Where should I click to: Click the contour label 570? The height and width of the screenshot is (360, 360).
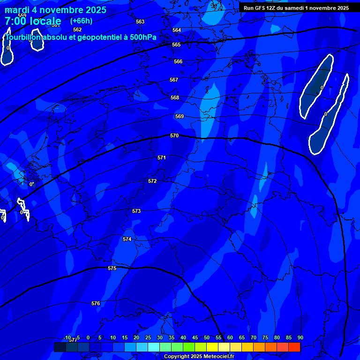174,135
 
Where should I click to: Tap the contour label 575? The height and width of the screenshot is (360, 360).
112,269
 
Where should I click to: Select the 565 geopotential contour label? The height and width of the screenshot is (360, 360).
176,45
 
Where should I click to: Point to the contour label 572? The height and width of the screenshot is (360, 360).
152,181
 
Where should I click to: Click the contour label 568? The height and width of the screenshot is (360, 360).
175,97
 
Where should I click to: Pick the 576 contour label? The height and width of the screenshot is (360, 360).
96,303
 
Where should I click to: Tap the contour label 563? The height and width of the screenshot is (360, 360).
140,22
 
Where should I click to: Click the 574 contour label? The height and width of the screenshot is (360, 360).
127,239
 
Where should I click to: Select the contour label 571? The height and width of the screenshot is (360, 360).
162,158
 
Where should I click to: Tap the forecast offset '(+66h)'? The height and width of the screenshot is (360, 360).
81,21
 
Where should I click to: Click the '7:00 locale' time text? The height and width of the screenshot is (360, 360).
33,21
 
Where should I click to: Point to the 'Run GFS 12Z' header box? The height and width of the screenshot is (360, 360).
296,8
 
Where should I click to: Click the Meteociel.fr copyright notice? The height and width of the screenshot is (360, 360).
199,356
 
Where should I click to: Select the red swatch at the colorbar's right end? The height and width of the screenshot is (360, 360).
294,347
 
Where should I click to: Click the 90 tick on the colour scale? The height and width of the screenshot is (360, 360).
300,337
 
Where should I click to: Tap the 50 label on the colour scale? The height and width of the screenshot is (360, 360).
207,337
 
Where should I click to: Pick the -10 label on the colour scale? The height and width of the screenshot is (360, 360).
67,337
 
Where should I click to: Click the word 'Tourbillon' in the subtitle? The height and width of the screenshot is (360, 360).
24,37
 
